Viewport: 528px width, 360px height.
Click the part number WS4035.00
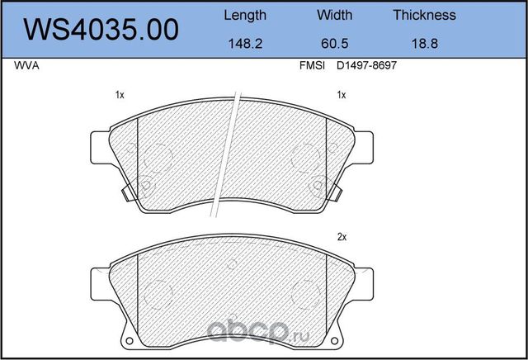point(101,30)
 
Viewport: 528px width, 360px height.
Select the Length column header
point(245,16)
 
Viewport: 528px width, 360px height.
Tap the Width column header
point(334,15)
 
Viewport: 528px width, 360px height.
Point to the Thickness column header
point(424,15)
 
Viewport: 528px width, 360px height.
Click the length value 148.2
point(245,44)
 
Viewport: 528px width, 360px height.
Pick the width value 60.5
point(334,44)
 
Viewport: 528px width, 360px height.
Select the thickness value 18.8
point(425,44)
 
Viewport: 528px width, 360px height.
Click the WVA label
point(26,65)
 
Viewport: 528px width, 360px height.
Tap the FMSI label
point(312,65)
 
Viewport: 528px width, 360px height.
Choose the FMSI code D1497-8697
point(366,65)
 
